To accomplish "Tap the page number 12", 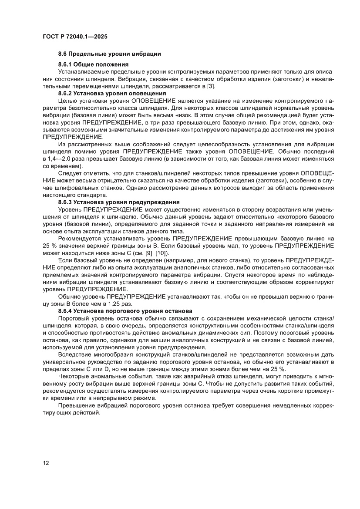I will click(46, 462).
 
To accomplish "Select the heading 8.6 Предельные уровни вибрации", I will click(109, 54).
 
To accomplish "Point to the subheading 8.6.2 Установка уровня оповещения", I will click(111, 93).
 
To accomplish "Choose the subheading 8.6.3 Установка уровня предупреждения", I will click(119, 202).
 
